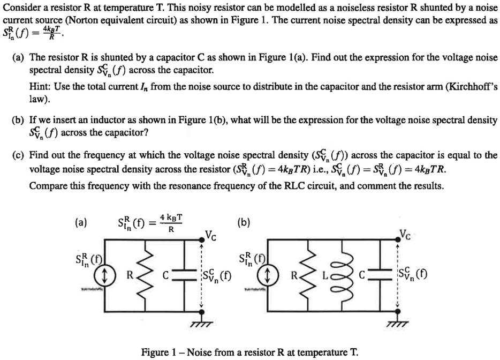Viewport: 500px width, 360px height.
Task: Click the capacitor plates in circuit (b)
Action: [x=381, y=277]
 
